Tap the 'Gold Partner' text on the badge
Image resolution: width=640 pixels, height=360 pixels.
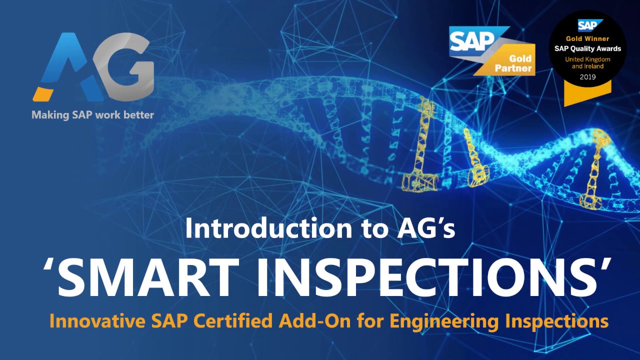513,64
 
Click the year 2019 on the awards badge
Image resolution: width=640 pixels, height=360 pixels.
587,77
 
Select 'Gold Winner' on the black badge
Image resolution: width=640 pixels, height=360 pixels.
587,38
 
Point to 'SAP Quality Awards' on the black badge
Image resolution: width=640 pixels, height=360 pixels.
587,48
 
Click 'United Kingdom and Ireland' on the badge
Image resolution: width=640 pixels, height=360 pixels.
587,62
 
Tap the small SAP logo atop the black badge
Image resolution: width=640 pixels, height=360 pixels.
587,25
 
